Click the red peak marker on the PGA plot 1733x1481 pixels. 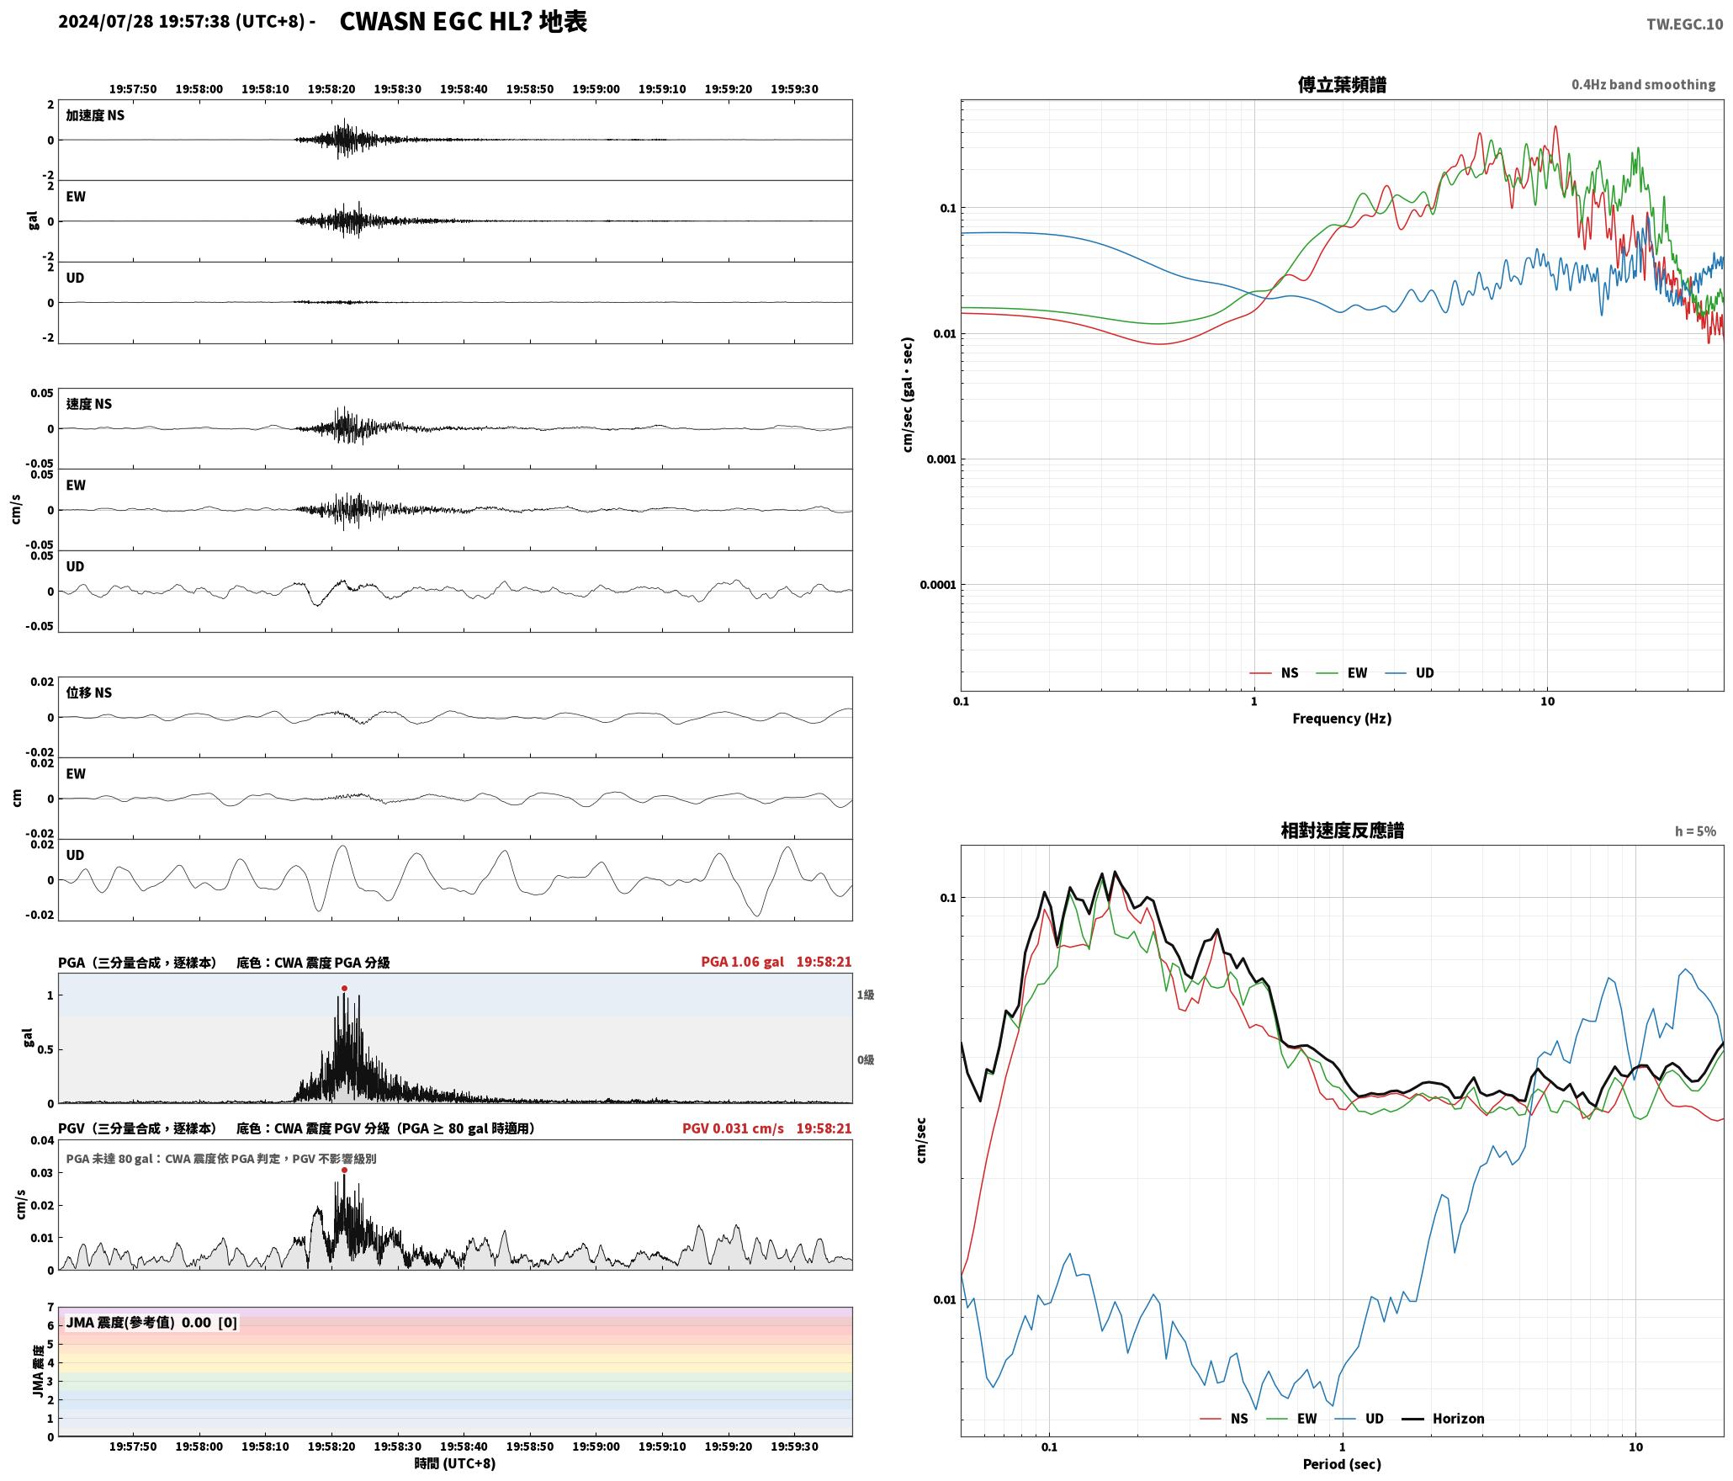coord(344,988)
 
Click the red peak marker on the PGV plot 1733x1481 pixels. coord(344,1170)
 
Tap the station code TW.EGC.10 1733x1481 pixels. coord(1684,24)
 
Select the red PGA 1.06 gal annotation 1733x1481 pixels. coord(742,962)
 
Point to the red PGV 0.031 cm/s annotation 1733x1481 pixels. coord(733,1128)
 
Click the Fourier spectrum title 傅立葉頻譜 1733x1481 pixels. coord(1342,84)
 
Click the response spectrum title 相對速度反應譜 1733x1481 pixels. coord(1342,831)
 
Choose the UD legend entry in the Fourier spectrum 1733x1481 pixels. coord(1410,673)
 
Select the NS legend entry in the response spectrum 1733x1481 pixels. coord(1224,1419)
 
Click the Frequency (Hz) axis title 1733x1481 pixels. coord(1342,719)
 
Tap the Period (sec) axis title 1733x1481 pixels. coord(1342,1464)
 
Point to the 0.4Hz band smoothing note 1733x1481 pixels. coord(1643,84)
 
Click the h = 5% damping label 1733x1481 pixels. coord(1695,831)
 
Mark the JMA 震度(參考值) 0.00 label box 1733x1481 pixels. coord(151,1323)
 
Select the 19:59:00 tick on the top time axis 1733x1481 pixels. coord(596,89)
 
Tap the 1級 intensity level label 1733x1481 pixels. coord(866,995)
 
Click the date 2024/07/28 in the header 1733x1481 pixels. coord(106,22)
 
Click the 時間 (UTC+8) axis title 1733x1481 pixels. coord(455,1464)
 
